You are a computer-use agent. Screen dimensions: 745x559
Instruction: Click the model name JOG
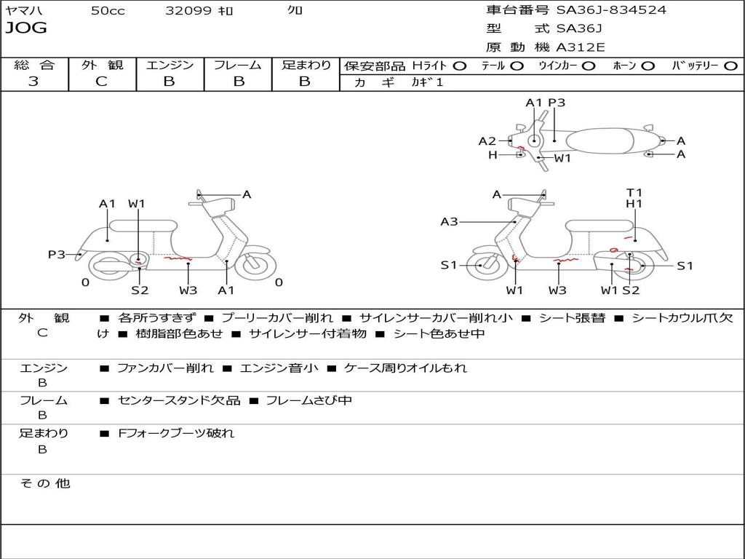pyautogui.click(x=25, y=28)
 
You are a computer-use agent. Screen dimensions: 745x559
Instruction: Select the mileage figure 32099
pyautogui.click(x=188, y=11)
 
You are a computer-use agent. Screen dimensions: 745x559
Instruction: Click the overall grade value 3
pyautogui.click(x=33, y=82)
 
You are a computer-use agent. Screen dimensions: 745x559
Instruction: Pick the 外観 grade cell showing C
pyautogui.click(x=102, y=82)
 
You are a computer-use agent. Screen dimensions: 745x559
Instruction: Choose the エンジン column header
pyautogui.click(x=170, y=66)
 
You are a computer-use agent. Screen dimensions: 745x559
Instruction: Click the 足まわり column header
pyautogui.click(x=306, y=66)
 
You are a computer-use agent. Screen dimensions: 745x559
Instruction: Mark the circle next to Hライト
pyautogui.click(x=459, y=66)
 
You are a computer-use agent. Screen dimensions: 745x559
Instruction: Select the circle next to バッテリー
pyautogui.click(x=730, y=66)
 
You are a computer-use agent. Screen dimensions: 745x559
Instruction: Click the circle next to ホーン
pyautogui.click(x=648, y=66)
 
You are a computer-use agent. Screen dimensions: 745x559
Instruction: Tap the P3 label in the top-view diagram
pyautogui.click(x=557, y=103)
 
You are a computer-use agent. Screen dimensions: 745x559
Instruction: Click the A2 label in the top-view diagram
pyautogui.click(x=487, y=141)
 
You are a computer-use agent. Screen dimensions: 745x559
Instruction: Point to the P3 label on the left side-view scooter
pyautogui.click(x=57, y=254)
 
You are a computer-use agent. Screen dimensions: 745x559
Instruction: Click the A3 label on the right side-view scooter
pyautogui.click(x=449, y=221)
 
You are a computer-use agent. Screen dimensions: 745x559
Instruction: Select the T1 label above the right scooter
pyautogui.click(x=634, y=193)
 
